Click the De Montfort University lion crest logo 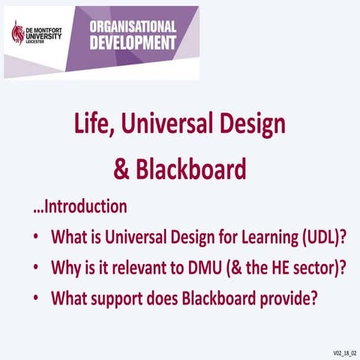coord(18,33)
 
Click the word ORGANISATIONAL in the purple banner coord(133,26)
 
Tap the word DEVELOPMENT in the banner coord(133,42)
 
